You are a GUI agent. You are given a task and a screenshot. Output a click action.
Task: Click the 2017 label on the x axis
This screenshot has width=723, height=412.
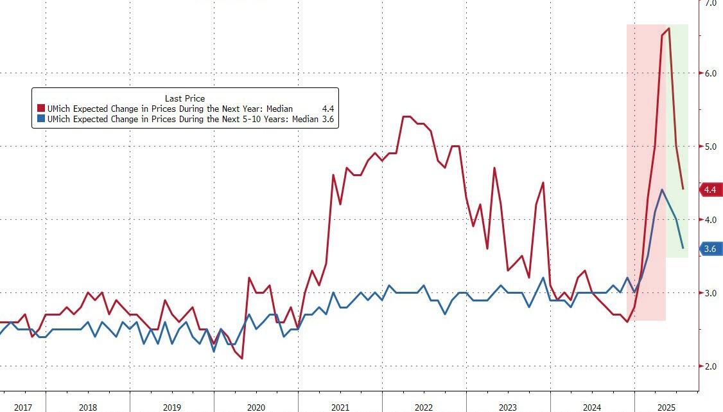[x=22, y=408]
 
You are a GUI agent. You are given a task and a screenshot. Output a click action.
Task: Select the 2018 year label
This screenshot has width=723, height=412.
[x=88, y=408]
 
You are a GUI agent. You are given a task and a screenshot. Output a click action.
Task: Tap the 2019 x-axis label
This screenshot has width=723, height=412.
[x=172, y=408]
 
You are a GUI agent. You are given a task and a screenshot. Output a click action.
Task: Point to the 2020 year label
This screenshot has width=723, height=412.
[x=256, y=408]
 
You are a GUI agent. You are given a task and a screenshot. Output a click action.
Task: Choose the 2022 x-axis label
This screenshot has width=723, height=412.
[x=424, y=408]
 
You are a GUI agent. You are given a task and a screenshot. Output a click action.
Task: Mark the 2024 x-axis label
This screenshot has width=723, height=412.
[x=591, y=408]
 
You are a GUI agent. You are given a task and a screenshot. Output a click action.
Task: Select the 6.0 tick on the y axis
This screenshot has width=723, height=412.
[x=711, y=73]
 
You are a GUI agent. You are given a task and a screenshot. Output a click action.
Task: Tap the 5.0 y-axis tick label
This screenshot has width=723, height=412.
[x=711, y=147]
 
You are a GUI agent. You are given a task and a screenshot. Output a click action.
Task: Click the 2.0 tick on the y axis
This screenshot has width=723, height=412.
[x=711, y=366]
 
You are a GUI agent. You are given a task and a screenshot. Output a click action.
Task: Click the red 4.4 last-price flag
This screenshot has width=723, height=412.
[x=710, y=190]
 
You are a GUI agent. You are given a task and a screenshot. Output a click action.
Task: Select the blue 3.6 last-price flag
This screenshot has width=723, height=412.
[x=710, y=249]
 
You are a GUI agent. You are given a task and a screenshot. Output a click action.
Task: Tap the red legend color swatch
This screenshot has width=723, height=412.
[x=41, y=109]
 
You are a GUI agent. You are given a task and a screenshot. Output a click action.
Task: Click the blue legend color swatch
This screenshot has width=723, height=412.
[x=41, y=119]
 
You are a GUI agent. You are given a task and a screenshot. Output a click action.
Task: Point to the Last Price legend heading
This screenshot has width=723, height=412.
[x=185, y=98]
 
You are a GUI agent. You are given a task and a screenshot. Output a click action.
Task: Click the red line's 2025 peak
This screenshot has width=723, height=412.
[x=669, y=28]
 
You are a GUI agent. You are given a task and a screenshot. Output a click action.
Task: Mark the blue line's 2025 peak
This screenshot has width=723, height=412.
[x=662, y=190]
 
